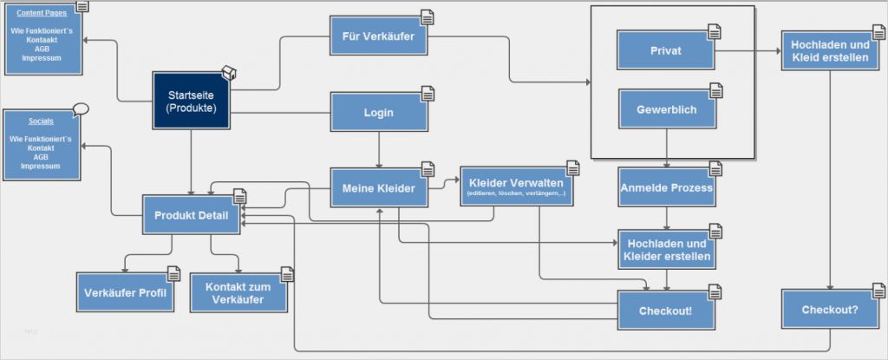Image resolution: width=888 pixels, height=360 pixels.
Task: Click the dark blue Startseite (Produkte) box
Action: (x=192, y=101)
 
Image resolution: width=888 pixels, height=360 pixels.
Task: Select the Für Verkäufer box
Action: (x=379, y=38)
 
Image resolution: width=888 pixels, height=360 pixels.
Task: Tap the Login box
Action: (x=379, y=113)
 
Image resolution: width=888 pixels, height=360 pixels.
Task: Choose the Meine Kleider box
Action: (x=379, y=188)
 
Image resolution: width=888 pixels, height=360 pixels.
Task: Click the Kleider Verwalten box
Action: (x=516, y=187)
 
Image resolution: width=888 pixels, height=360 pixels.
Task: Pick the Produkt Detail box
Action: (x=191, y=215)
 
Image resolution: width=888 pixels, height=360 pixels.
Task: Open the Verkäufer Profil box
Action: (x=125, y=292)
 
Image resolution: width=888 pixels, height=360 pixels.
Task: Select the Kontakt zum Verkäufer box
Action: (x=238, y=293)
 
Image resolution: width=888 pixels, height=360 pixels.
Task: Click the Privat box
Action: (x=665, y=51)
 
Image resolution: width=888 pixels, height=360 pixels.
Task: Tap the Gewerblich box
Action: (x=665, y=110)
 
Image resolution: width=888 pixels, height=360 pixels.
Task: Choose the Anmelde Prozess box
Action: (x=666, y=187)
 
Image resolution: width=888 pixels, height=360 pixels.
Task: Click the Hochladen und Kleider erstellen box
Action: (x=666, y=250)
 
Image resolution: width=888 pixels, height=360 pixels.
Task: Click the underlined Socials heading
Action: (x=41, y=122)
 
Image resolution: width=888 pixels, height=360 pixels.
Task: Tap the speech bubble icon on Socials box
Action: (x=81, y=109)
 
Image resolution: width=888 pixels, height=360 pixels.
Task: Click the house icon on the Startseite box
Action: (x=228, y=72)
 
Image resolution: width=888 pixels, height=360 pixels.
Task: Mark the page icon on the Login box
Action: (x=428, y=94)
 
